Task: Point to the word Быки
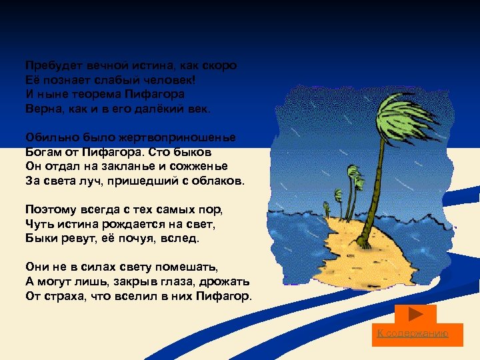click(x=40, y=237)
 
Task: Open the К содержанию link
click(x=413, y=333)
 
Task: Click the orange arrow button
click(x=415, y=313)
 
